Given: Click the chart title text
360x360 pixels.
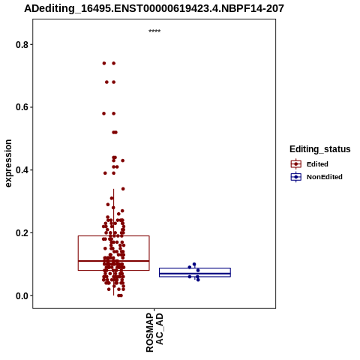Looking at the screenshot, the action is point(154,9).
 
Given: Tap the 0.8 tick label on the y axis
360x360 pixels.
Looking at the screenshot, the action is point(21,45).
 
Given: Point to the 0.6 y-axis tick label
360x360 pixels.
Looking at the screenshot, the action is point(21,107).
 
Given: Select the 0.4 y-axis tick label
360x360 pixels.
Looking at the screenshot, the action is point(21,170).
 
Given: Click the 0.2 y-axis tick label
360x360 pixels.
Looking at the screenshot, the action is point(21,233).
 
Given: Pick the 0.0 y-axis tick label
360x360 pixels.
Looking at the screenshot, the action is point(21,295).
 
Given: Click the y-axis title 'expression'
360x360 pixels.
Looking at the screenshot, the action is point(8,163).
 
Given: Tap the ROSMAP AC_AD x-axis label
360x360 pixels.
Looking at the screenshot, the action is point(154,332).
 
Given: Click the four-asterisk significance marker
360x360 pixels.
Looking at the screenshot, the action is point(154,31).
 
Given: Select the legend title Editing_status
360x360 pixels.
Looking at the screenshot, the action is point(320,149).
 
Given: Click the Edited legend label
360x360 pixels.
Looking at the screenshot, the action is point(317,164).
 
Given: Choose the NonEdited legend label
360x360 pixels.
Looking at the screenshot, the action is point(325,177).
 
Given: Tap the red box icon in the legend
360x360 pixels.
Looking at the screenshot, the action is point(296,164).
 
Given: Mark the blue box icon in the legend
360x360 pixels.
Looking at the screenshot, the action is point(296,177).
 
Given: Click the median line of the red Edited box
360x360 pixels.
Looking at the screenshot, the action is point(114,261).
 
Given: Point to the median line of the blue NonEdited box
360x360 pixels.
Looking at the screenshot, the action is point(195,274).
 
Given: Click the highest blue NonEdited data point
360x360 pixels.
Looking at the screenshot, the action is point(194,264).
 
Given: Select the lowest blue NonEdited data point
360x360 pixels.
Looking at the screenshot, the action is point(198,280).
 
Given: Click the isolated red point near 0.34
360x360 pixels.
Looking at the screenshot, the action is point(123,189).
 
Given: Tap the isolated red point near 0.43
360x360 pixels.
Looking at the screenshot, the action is point(123,160).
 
